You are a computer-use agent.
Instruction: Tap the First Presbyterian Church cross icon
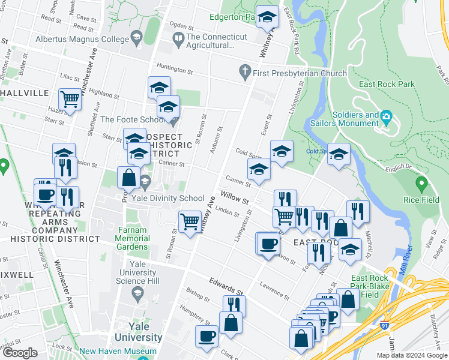pyautogui.click(x=244, y=73)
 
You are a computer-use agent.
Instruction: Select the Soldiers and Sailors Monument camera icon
pyautogui.click(x=386, y=116)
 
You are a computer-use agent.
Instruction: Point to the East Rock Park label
pyautogui.click(x=387, y=85)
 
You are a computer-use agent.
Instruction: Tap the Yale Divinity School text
pyautogui.click(x=170, y=199)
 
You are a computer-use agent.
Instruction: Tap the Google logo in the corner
pyautogui.click(x=20, y=353)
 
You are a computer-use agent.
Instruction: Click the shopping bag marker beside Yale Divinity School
pyautogui.click(x=128, y=177)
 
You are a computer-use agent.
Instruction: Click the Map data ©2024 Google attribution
pyautogui.click(x=411, y=355)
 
